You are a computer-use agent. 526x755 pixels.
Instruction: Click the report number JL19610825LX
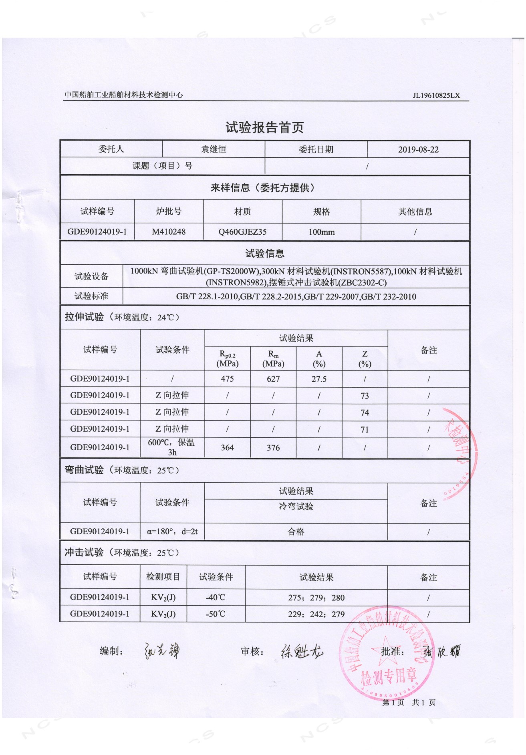[x=436, y=95]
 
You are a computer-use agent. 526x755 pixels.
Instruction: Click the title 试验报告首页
[x=264, y=127]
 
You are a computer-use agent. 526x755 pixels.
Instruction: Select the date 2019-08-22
[x=418, y=149]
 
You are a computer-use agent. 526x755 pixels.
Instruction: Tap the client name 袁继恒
[x=214, y=149]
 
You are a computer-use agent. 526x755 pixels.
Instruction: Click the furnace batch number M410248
[x=169, y=232]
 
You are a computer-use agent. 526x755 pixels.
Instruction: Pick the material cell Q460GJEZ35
[x=242, y=232]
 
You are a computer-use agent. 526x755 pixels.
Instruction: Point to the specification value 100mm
[x=321, y=232]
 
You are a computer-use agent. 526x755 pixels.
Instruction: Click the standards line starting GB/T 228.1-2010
[x=296, y=297]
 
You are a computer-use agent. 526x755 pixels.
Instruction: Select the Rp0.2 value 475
[x=227, y=379]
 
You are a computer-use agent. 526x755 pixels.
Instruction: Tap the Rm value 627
[x=273, y=379]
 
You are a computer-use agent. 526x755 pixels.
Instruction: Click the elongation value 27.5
[x=319, y=379]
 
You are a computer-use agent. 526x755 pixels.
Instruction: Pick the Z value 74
[x=365, y=413]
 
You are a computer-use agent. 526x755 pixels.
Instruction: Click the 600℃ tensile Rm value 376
[x=273, y=448]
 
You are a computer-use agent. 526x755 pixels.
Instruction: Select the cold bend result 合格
[x=296, y=532]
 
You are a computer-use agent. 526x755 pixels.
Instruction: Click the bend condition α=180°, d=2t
[x=172, y=532]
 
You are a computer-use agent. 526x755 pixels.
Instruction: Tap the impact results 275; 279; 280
[x=316, y=598]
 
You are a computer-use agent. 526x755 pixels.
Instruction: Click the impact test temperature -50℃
[x=216, y=614]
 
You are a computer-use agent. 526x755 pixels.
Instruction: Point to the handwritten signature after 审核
[x=301, y=652]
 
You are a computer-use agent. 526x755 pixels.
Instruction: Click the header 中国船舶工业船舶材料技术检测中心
[x=124, y=95]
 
